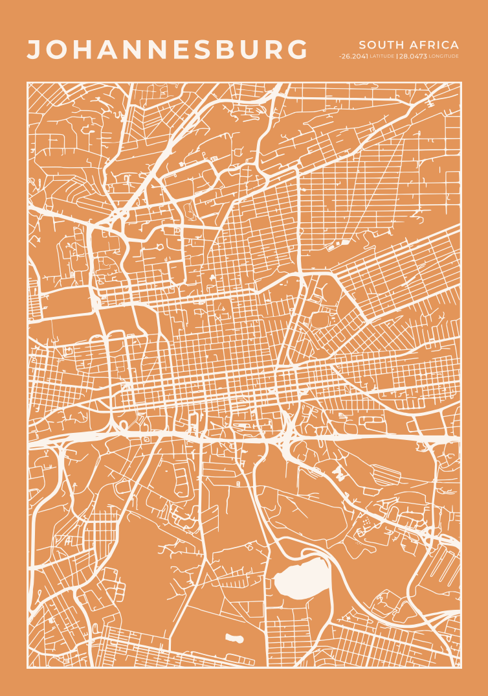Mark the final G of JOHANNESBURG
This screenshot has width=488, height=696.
[x=298, y=50]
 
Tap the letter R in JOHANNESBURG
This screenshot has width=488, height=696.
[x=275, y=50]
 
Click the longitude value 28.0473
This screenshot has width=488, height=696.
[x=413, y=56]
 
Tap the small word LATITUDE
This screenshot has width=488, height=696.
[x=382, y=56]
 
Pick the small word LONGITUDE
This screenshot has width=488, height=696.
[x=444, y=56]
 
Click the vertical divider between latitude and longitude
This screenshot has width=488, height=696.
[x=396, y=56]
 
